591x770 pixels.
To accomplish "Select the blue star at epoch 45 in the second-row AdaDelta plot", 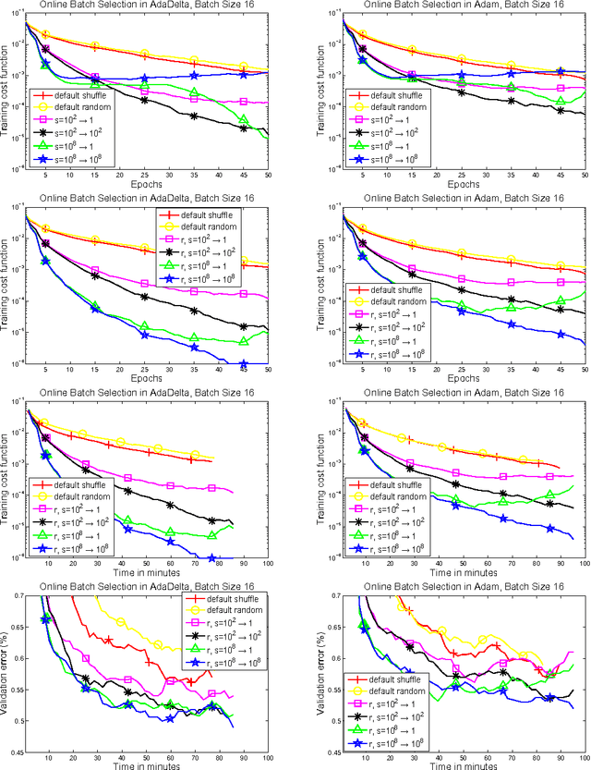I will [x=217, y=365].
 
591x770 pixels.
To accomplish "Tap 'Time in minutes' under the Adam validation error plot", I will [x=465, y=766].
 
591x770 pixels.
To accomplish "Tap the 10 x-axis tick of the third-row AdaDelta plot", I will [x=48, y=562].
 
